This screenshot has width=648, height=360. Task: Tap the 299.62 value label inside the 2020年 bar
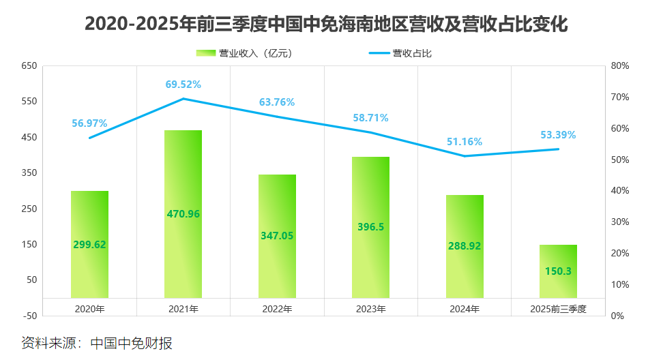coord(89,245)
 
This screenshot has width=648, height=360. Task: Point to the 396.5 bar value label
coord(370,226)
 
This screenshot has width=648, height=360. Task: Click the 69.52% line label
coord(183,85)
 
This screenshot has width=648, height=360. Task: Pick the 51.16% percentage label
coord(465,142)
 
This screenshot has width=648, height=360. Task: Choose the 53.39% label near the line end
coord(558,135)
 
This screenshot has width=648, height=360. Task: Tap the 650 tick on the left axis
coord(29,66)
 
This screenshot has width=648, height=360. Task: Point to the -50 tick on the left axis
coord(29,316)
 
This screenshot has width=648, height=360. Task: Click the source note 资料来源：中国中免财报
coord(96,342)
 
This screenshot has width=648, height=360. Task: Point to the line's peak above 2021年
coord(183,99)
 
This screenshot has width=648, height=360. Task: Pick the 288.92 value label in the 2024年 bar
coord(465,245)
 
